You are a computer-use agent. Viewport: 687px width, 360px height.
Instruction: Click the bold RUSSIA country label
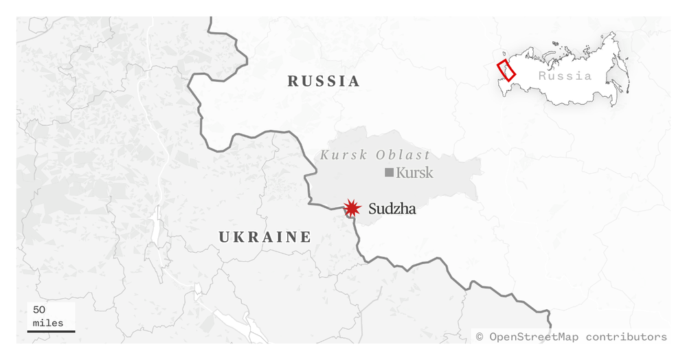(x=324, y=81)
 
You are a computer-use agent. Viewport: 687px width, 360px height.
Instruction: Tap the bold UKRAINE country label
(x=265, y=237)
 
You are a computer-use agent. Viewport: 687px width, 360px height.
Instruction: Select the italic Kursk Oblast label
(x=375, y=155)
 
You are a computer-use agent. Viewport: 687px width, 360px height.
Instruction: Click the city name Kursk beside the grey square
(x=414, y=172)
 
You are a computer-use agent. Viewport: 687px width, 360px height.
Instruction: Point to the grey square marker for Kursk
(x=389, y=172)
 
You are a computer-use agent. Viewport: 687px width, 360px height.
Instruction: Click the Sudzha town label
(x=392, y=209)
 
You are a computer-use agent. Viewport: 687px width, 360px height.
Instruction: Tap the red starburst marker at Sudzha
(x=352, y=208)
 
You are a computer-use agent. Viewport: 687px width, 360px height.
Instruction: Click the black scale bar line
(x=51, y=331)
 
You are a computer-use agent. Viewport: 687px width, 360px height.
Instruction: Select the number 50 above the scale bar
(x=39, y=310)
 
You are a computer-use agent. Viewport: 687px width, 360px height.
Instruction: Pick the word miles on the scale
(x=48, y=322)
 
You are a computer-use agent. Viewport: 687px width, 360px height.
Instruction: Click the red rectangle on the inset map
(x=506, y=69)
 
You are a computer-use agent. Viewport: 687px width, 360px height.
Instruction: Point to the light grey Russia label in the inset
(x=565, y=76)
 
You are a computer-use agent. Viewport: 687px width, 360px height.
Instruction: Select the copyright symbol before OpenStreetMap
(x=480, y=337)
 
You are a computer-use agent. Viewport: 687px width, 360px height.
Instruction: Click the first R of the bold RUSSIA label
(x=293, y=81)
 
